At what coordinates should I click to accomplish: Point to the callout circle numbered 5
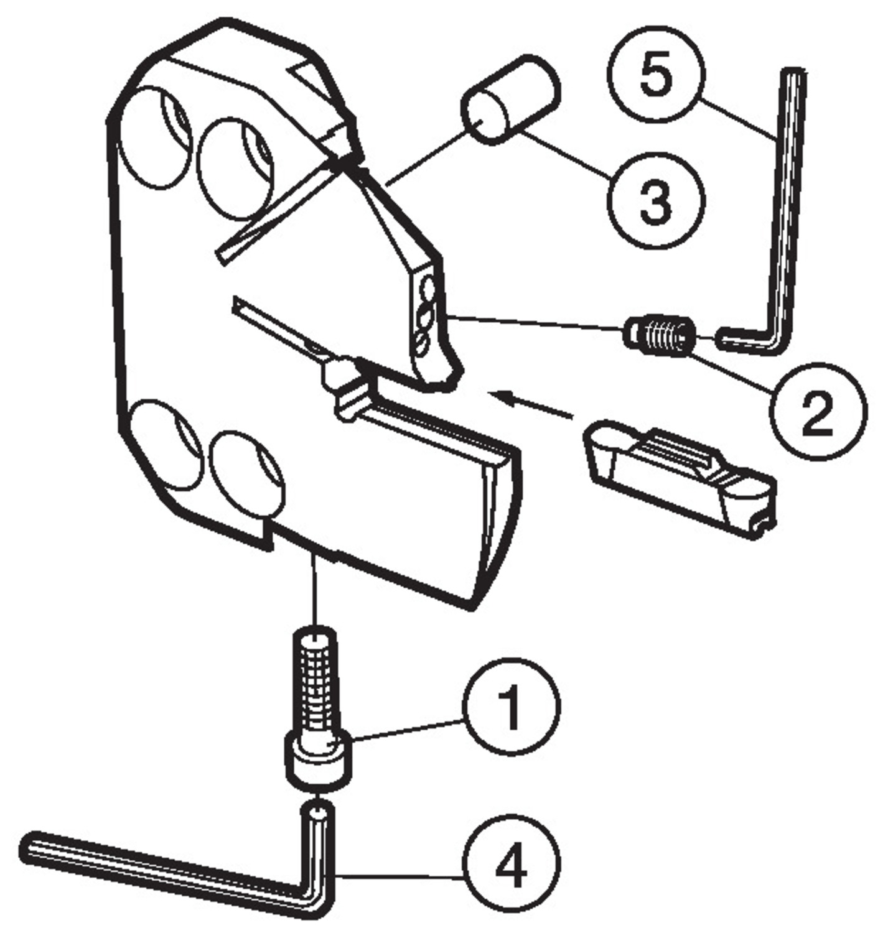coord(655,76)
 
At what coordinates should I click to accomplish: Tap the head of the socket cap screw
coord(318,761)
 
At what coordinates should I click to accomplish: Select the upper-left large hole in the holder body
coord(154,138)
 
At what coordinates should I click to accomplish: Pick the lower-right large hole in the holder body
coord(247,476)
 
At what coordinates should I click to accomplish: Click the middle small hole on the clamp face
coord(426,314)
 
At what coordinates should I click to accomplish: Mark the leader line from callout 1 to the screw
coord(408,730)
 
